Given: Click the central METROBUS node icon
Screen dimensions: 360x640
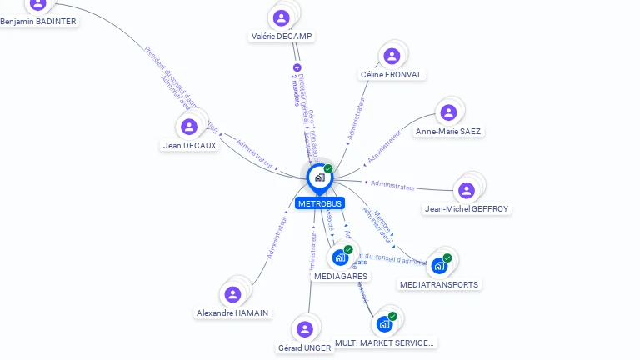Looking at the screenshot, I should pos(319,177).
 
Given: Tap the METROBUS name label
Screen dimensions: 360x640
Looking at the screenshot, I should pos(319,203).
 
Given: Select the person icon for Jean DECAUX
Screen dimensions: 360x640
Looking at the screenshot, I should pos(189,127).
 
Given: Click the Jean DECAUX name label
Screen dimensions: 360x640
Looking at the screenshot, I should pos(189,145).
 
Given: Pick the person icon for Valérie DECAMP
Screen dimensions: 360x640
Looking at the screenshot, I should pos(282,17).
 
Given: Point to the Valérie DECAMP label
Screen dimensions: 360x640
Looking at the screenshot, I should pos(282,37).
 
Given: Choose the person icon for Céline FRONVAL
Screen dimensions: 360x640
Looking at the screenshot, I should pos(392,56).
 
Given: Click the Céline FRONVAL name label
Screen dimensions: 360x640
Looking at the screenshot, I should pos(392,75).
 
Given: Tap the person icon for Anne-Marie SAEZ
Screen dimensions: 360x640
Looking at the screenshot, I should pos(448,112).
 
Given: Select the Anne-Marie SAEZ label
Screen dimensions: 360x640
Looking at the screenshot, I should pos(448,132).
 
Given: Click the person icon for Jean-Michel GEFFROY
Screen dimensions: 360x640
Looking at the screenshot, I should pos(467,190).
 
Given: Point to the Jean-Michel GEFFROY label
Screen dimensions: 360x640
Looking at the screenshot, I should pos(467,209).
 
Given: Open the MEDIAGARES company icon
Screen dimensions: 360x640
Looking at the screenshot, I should pos(340,257).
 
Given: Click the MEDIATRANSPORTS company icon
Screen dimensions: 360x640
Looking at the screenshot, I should pos(439,266).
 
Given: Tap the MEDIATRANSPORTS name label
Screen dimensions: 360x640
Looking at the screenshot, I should pos(439,285).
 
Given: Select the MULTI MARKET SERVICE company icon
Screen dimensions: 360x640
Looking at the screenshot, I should pos(384,323).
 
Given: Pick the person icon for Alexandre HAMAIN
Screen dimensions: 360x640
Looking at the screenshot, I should pos(233,294).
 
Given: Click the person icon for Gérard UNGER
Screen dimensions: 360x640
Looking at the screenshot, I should pos(305,329).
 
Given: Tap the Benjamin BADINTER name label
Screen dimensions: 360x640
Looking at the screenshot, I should pos(38,22).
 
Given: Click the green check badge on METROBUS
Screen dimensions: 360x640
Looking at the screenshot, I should pos(328,169).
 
